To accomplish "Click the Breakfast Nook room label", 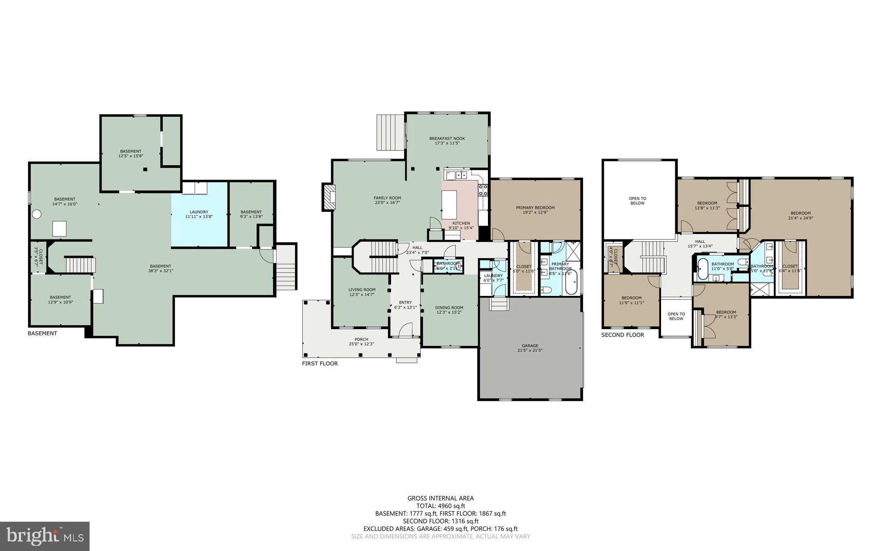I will (447, 139).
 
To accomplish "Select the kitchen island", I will (449, 205).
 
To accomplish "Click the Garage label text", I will (530, 346).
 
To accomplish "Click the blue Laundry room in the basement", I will (199, 214).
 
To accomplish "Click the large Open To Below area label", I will (637, 201).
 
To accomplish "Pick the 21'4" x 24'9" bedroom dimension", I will (801, 218).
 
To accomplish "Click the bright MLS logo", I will (45, 536).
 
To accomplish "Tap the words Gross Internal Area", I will (441, 498).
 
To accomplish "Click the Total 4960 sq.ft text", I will (441, 506).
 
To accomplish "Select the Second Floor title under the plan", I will (622, 335).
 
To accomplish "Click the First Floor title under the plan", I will (320, 364).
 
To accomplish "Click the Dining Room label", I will (449, 308).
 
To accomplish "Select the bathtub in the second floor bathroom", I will (702, 269).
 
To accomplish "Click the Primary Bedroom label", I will (535, 208).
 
